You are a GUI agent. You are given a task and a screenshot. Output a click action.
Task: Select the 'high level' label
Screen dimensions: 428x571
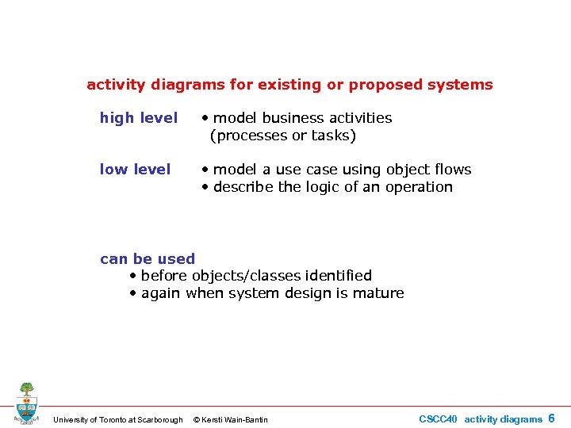coord(139,118)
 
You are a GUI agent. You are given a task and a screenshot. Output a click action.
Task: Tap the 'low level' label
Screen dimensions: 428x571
coord(135,170)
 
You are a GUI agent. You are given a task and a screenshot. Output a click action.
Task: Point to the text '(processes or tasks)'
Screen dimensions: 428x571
coord(283,136)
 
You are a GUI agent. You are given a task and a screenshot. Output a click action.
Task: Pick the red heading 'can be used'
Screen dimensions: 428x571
coord(148,258)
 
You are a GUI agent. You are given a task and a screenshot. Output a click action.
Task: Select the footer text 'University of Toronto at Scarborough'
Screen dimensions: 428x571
coord(117,419)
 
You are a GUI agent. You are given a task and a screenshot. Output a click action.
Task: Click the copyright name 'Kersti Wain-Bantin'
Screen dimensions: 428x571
coord(236,419)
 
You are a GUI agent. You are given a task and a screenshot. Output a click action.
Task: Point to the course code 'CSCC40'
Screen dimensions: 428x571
coord(438,419)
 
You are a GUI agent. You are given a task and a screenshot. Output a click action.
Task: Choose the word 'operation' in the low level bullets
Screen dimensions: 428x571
coord(419,187)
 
